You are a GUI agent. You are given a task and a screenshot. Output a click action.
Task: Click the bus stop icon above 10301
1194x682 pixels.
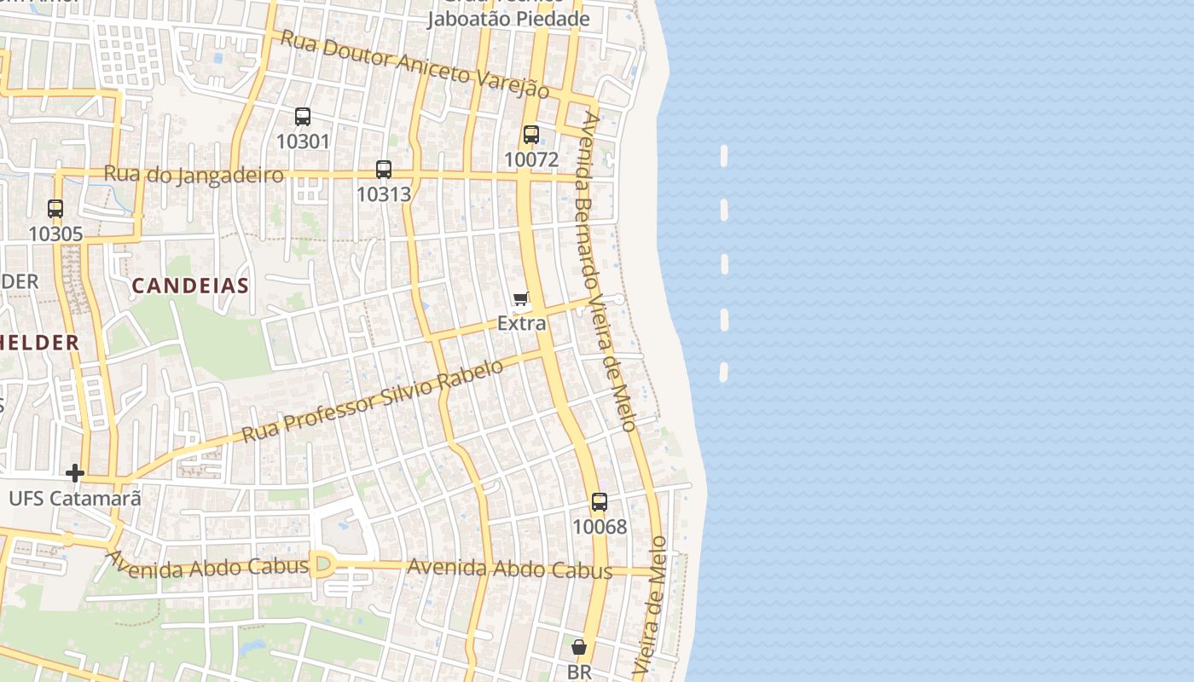(x=303, y=117)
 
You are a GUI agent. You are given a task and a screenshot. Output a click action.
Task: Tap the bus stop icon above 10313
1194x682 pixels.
(x=384, y=170)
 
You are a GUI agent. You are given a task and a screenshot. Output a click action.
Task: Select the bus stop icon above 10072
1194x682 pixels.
(x=531, y=135)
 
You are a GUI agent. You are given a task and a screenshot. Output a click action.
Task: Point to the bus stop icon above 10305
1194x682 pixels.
(x=55, y=209)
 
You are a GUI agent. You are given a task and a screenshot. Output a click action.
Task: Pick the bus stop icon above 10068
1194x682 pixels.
(x=600, y=502)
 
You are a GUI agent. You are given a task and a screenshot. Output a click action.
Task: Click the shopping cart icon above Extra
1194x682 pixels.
(x=521, y=298)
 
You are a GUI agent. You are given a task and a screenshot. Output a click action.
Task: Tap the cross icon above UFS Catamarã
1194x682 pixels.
(x=75, y=473)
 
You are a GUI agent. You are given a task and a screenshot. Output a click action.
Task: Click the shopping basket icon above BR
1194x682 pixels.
(x=579, y=648)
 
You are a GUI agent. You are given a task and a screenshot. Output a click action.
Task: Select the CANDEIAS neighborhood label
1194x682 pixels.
(x=190, y=286)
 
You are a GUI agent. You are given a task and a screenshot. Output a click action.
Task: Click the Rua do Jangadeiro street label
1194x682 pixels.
(x=193, y=175)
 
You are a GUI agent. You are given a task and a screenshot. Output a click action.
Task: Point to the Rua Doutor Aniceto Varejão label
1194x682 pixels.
(x=414, y=64)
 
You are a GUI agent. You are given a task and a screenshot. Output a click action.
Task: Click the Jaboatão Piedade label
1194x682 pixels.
(x=508, y=19)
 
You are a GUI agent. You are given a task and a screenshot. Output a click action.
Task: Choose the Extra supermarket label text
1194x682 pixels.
(x=522, y=324)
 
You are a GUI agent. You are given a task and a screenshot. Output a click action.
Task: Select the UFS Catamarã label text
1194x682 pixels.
(x=75, y=498)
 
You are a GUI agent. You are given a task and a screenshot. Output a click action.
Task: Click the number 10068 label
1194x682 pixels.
(x=600, y=527)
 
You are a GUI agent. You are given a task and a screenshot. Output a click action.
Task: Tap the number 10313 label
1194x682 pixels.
(x=384, y=194)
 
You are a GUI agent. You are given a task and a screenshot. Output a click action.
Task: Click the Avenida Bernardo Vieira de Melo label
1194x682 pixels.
(x=606, y=272)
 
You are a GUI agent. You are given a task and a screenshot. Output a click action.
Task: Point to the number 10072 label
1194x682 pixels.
(x=531, y=159)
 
